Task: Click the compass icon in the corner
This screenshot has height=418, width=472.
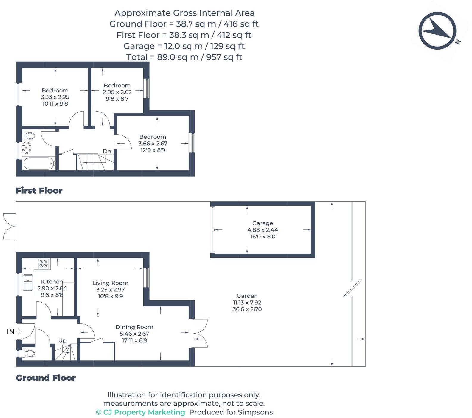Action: click(x=437, y=30)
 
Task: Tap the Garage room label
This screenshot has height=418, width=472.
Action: click(x=263, y=223)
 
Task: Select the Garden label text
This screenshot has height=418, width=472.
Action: click(x=247, y=296)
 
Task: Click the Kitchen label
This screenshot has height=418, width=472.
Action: click(x=52, y=282)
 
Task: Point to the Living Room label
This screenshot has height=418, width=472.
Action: click(x=110, y=283)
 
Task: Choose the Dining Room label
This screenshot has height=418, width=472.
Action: click(x=134, y=327)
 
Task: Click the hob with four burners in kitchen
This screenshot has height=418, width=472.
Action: click(x=43, y=264)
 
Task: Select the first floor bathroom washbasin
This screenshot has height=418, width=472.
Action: click(x=27, y=147)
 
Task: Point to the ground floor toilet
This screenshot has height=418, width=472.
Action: click(x=28, y=354)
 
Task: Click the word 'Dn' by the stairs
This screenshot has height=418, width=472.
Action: click(x=107, y=151)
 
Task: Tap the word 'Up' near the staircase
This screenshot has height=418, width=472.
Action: click(x=62, y=340)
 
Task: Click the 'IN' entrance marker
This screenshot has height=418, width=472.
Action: click(x=11, y=331)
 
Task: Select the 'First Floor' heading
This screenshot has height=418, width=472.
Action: click(x=39, y=191)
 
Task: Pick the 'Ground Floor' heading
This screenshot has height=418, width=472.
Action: click(x=46, y=378)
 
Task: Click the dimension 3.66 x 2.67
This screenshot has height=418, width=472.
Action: click(x=153, y=144)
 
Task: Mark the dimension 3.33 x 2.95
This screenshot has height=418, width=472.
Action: click(x=55, y=97)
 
